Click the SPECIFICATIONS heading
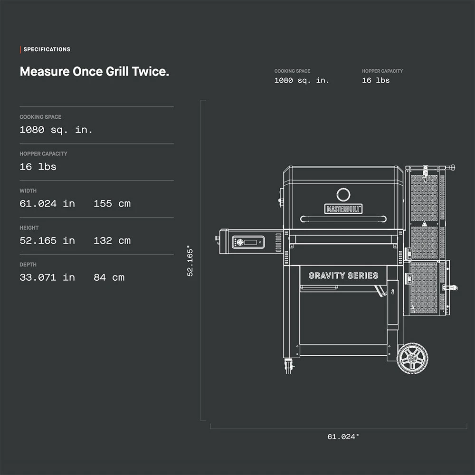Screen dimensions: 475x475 coord(47,49)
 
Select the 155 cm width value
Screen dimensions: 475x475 coord(112,204)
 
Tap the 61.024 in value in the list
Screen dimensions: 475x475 coord(47,204)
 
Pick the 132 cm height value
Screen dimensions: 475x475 coord(112,241)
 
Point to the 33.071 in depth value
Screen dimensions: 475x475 coord(47,277)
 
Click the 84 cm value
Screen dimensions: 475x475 coord(109,277)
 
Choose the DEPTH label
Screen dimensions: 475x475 coord(28,265)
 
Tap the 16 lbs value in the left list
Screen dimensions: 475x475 coord(38,167)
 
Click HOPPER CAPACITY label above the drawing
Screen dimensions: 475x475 coord(382,71)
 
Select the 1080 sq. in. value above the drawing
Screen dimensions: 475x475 coord(302,81)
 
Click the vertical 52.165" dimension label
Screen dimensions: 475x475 coord(190,261)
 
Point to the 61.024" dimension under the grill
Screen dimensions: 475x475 coord(343,437)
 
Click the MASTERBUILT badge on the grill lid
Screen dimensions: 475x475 coord(343,209)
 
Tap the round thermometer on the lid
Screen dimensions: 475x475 coord(343,194)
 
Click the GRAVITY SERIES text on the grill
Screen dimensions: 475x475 coord(343,275)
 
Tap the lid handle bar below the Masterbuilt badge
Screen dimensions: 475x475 coord(343,219)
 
